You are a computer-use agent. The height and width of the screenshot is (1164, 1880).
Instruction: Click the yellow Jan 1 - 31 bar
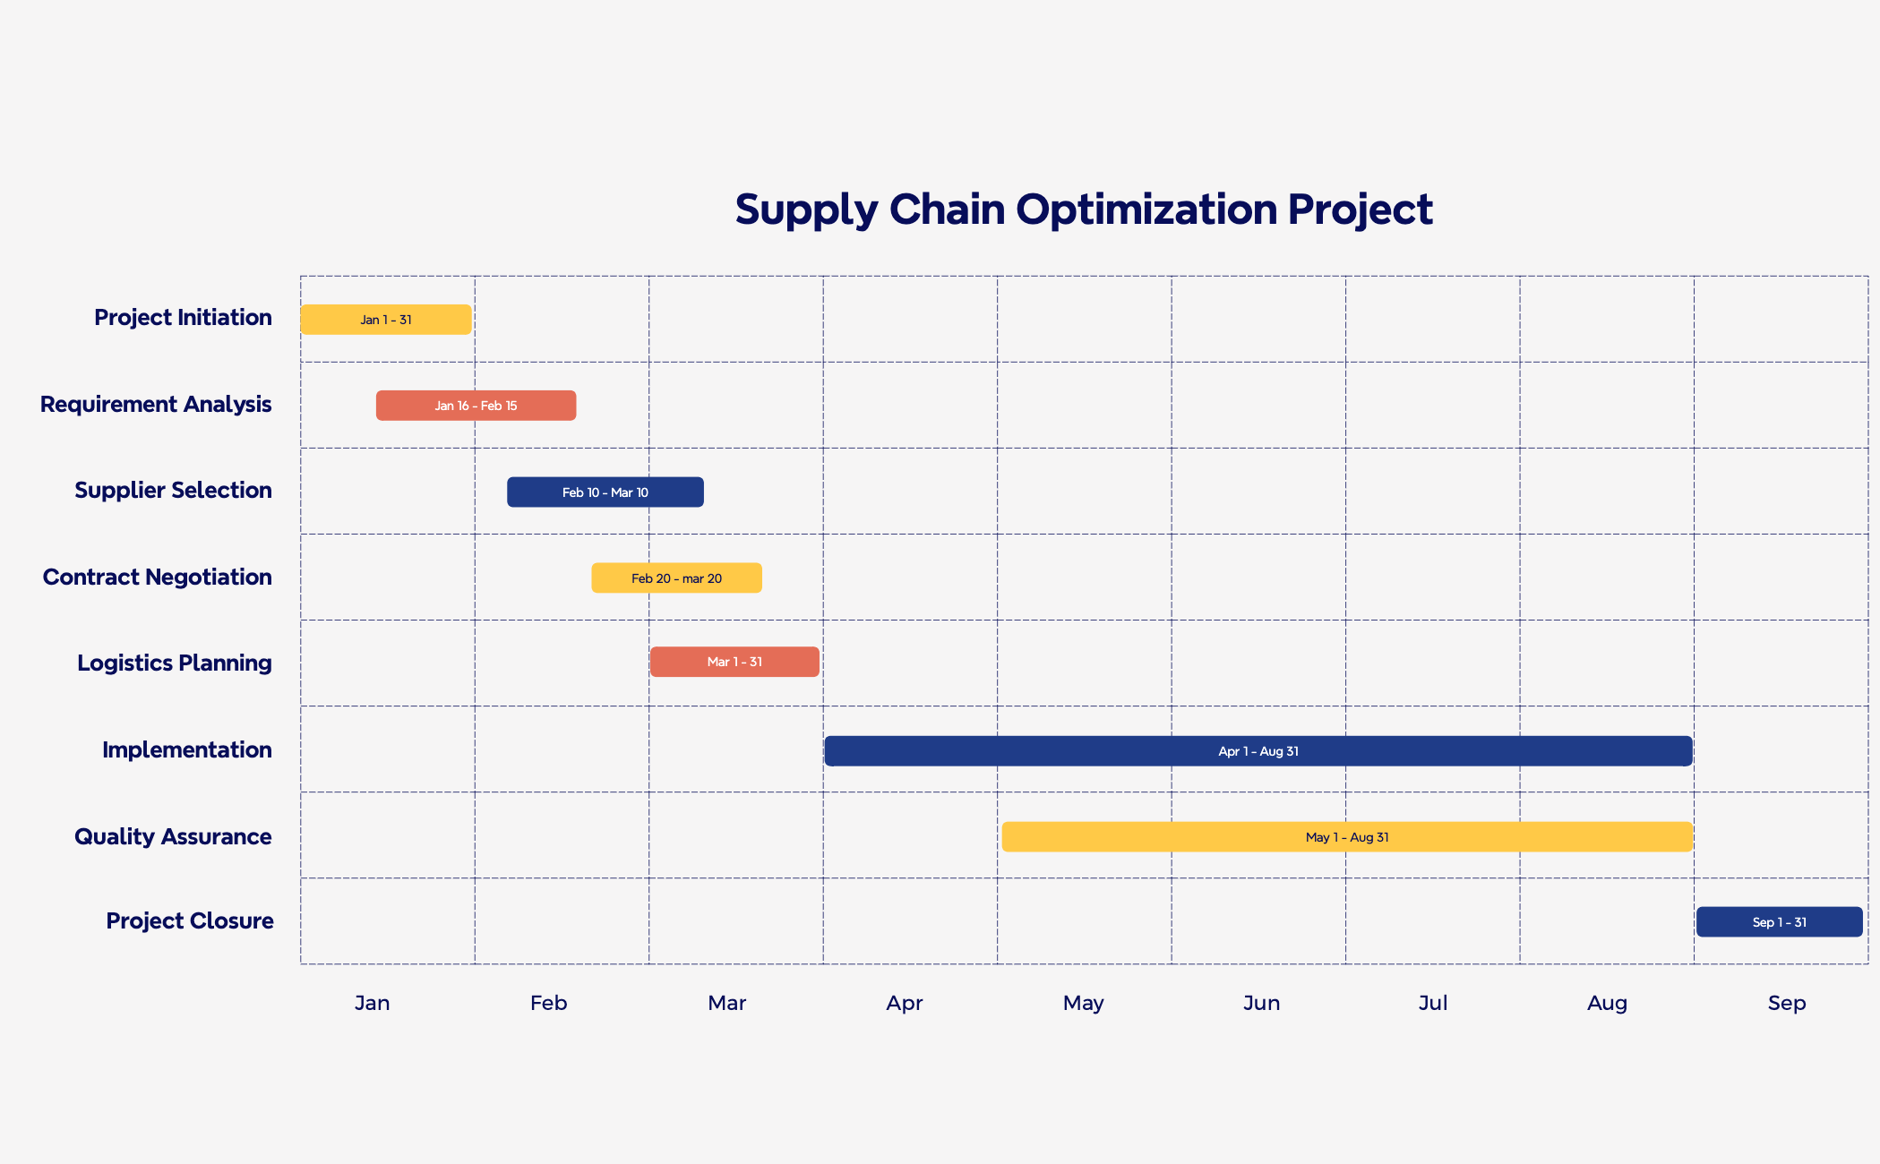tap(385, 320)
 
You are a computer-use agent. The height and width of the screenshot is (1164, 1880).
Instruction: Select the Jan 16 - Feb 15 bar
tap(476, 406)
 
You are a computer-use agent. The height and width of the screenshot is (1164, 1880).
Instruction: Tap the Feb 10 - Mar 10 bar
tap(605, 492)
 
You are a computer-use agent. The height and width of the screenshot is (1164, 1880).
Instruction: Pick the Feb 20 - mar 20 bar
tap(676, 578)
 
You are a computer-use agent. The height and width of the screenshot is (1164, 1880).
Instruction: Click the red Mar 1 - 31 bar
tap(734, 662)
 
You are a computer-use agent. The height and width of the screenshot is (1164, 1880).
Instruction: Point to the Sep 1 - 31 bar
tap(1779, 922)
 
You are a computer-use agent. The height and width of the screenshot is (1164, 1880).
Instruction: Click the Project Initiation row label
tap(183, 318)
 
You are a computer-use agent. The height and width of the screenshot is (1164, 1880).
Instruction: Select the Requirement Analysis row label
tap(156, 405)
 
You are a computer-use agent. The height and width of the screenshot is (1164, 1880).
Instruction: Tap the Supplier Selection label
tap(173, 491)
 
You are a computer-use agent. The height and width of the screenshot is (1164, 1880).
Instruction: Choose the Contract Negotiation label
tap(157, 578)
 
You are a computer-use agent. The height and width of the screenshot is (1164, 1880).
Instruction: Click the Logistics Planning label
tap(174, 663)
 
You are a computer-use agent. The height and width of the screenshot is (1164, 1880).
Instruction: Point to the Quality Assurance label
tap(173, 837)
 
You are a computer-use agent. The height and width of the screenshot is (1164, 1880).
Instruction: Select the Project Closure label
tap(190, 921)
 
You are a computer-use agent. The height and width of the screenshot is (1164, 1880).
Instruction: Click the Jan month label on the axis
tap(372, 1003)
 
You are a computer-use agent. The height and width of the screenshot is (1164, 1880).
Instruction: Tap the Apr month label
tap(904, 1003)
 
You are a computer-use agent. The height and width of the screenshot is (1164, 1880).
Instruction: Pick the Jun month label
tap(1261, 1003)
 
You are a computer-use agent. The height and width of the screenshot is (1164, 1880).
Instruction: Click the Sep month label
tap(1786, 1003)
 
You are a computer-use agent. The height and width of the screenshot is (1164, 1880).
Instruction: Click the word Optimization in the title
tap(1146, 210)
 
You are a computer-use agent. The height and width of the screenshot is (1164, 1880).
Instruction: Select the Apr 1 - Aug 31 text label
tap(1258, 751)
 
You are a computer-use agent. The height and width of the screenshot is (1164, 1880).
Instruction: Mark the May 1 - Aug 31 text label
tap(1346, 837)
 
